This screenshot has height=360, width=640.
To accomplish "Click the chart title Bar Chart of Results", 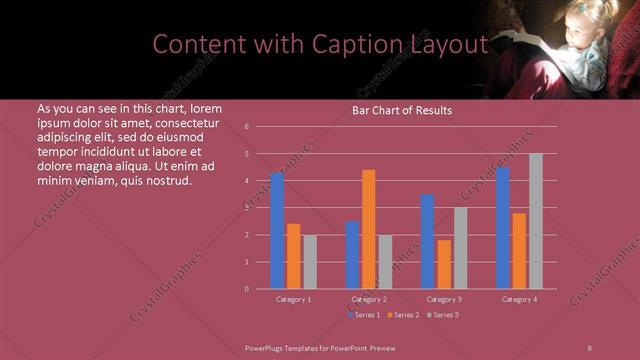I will (x=401, y=110).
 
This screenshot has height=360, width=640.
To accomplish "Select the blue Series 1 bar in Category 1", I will (x=277, y=231).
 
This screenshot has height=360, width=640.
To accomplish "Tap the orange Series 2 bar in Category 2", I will (x=369, y=229).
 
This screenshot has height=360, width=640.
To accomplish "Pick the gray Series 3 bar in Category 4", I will (x=536, y=221).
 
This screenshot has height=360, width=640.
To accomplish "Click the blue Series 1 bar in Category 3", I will (x=427, y=242).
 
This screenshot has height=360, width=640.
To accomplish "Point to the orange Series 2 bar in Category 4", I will (x=519, y=251).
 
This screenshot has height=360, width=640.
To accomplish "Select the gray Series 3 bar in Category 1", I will (x=310, y=262).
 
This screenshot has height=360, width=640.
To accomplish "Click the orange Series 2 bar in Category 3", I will (x=444, y=264).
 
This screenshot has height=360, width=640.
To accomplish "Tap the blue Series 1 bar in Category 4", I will (x=503, y=228).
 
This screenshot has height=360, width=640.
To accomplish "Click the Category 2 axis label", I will (x=369, y=299).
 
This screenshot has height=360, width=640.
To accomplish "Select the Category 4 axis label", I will (x=519, y=299).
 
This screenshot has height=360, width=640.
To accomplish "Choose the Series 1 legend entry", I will (x=364, y=315).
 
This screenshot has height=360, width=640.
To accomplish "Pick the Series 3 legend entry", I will (x=444, y=315).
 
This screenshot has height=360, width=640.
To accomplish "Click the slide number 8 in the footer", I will (x=589, y=346).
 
